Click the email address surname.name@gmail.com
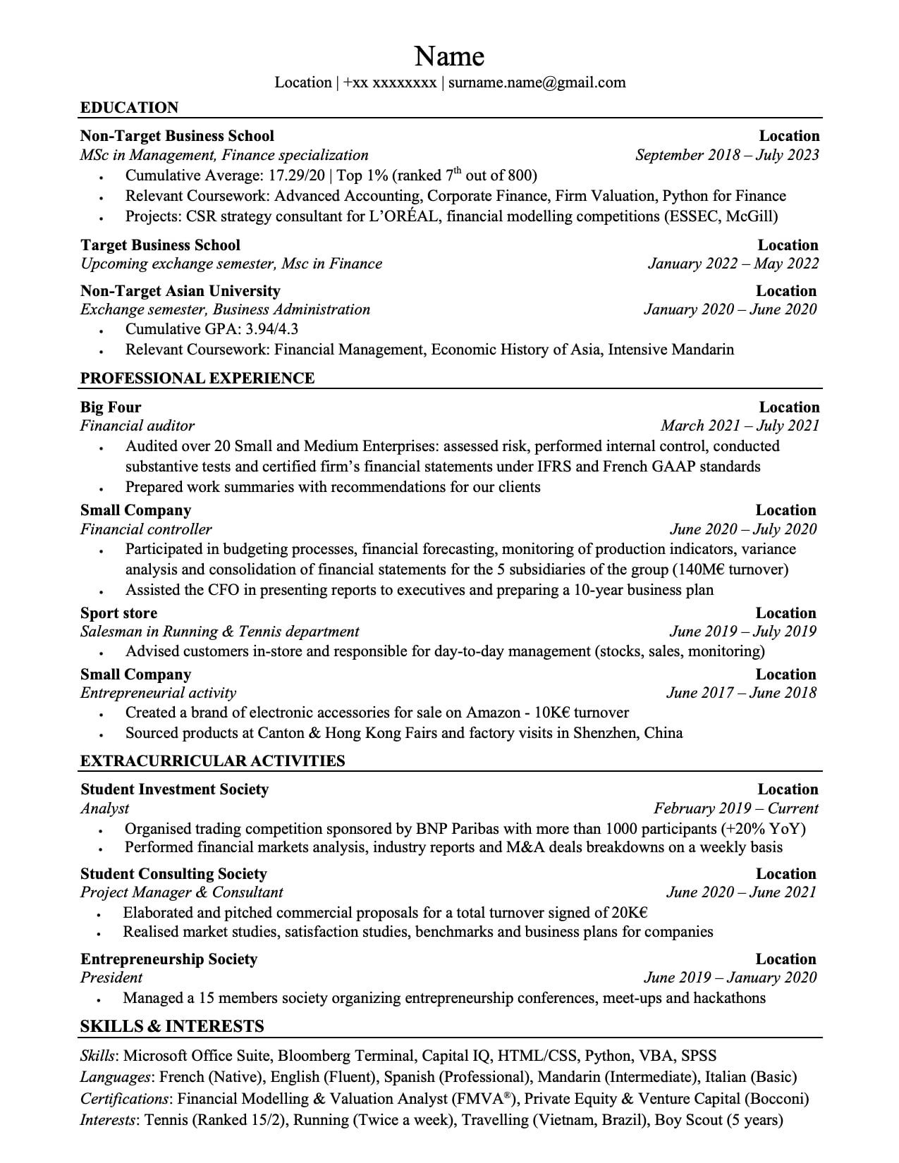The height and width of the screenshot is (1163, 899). [x=537, y=82]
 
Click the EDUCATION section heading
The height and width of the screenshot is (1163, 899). [x=130, y=108]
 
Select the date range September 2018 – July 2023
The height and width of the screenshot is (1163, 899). [x=727, y=155]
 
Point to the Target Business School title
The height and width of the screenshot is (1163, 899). [x=160, y=245]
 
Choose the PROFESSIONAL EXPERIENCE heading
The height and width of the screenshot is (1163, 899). [x=197, y=379]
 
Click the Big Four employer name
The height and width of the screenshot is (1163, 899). [x=111, y=407]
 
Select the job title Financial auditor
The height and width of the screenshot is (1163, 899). [x=137, y=426]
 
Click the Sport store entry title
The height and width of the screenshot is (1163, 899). [x=118, y=613]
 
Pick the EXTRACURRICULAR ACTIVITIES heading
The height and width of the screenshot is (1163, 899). [x=213, y=761]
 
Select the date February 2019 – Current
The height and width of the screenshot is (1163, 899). [x=735, y=808]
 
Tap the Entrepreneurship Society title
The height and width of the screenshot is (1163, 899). [x=169, y=959]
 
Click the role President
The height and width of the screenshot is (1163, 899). [x=111, y=978]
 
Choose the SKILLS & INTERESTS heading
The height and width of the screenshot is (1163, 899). [x=172, y=1026]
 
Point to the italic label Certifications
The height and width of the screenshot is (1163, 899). [x=124, y=1099]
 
